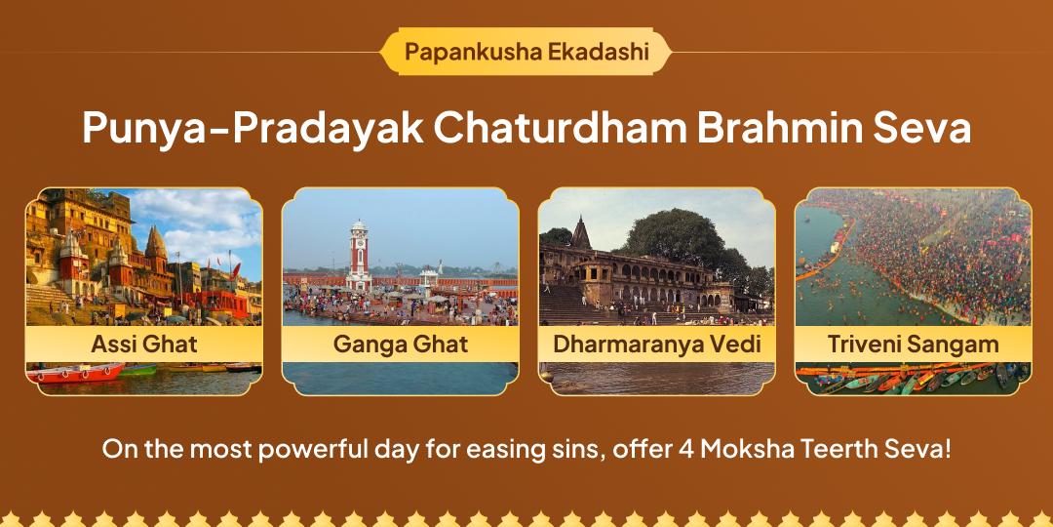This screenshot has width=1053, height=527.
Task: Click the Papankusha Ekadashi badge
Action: [526, 51]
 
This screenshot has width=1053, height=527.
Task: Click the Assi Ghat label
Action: [143, 345]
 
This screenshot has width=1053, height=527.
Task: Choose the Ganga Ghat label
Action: [401, 345]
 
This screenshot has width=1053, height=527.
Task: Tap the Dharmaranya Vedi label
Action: [657, 345]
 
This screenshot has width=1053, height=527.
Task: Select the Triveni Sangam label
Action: [914, 345]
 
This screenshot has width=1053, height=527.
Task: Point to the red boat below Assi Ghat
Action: [75, 373]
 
